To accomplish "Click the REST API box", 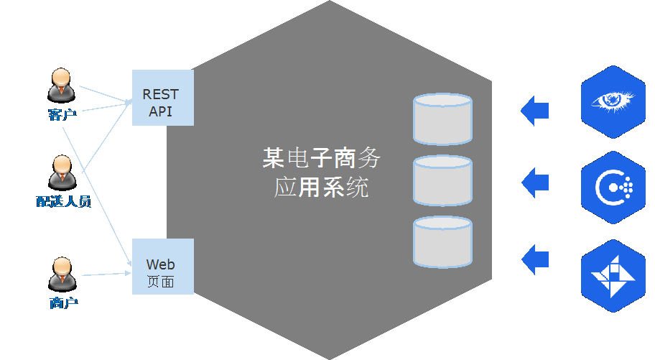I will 162,98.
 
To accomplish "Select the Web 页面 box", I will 162,266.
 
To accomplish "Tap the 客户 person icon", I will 61,85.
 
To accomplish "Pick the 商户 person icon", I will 62,274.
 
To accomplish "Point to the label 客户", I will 62,114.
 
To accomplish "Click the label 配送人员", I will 63,201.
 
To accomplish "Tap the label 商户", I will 63,303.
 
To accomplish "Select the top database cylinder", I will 442,119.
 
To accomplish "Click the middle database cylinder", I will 442,180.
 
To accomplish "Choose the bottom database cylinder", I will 442,243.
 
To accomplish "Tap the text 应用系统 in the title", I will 321,188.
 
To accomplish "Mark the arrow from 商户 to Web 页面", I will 106,274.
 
